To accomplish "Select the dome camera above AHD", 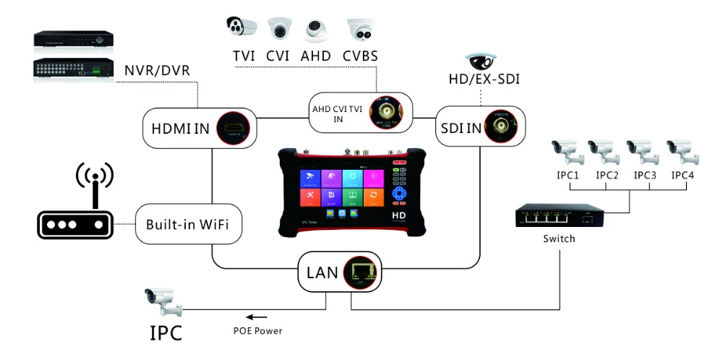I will coord(316,29).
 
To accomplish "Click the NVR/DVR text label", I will coord(153,71).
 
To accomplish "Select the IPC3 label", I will coord(646,176).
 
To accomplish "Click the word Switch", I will coord(557,239).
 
